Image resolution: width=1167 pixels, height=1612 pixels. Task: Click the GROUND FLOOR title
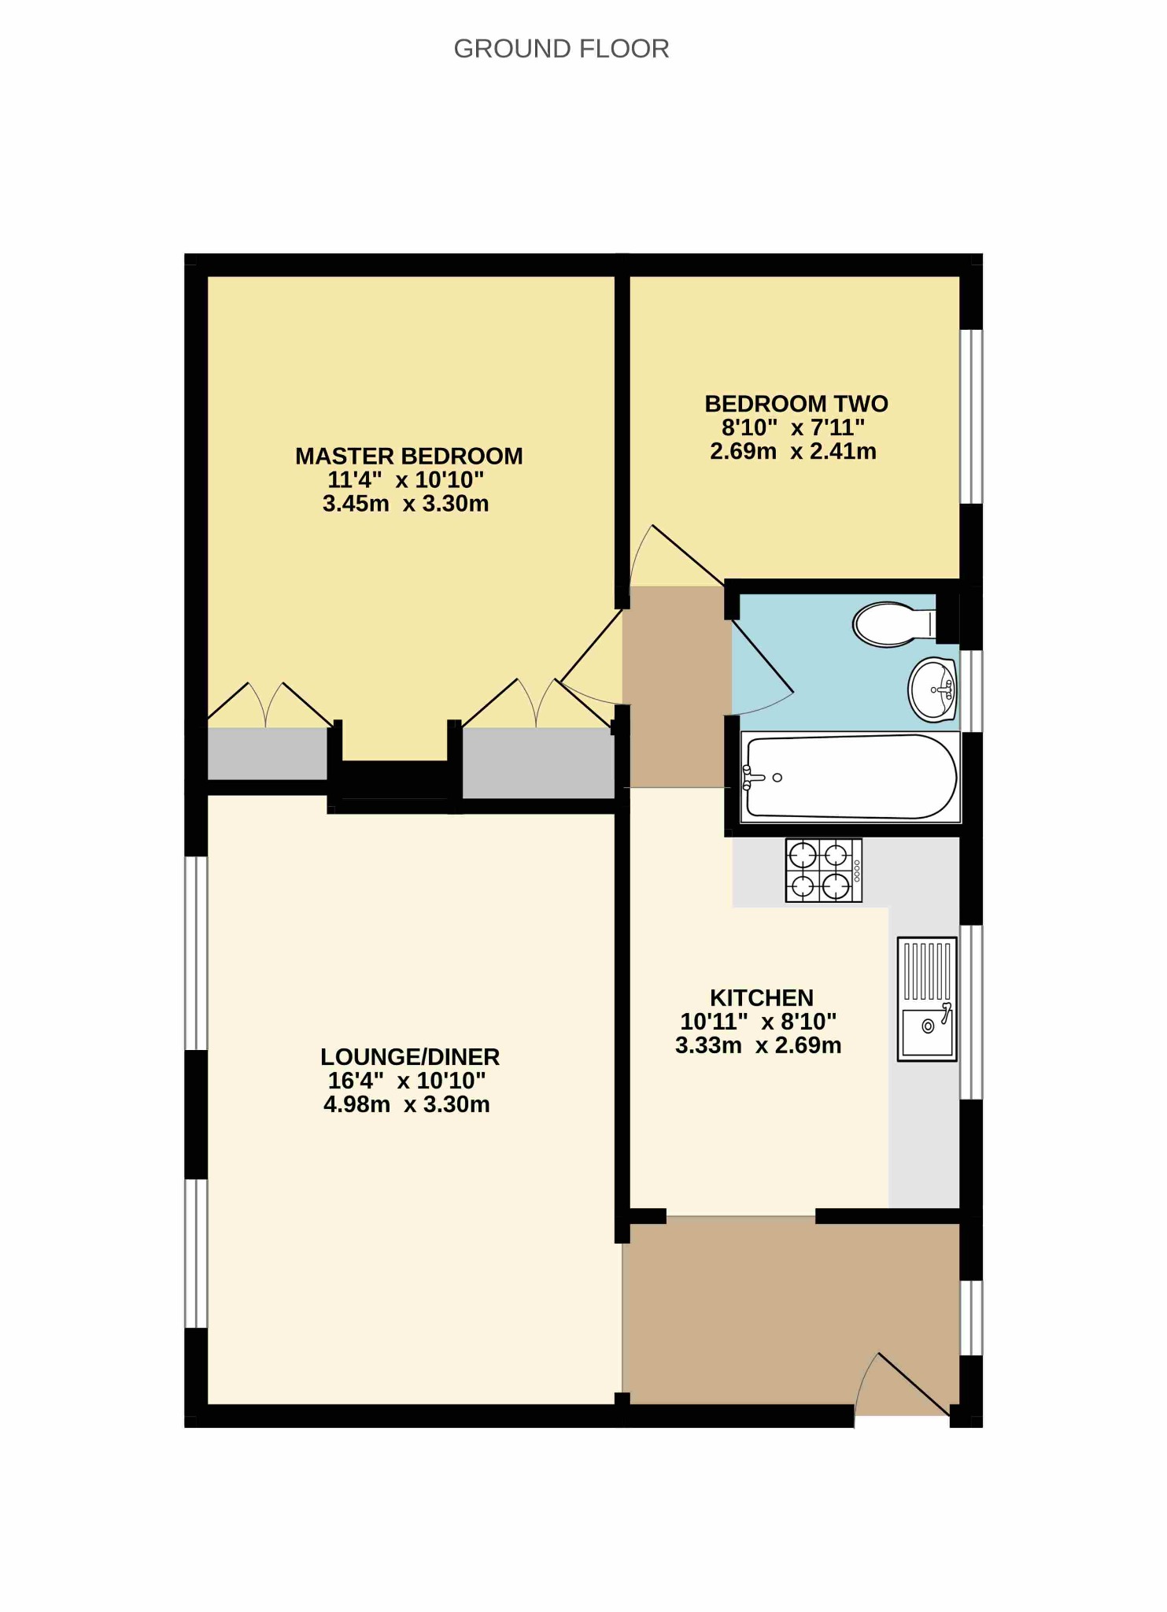coord(561,49)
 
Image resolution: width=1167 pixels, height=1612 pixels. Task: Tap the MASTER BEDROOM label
coord(409,456)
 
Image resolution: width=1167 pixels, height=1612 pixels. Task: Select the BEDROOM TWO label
coord(796,404)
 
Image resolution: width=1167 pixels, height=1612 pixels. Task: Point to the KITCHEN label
coord(762,997)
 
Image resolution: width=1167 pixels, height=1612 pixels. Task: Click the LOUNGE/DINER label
coord(410,1056)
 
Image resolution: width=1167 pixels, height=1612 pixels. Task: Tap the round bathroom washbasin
coord(932,690)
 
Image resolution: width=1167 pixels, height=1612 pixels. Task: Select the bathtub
coord(851,777)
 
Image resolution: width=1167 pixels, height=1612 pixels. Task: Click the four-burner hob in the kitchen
coord(824,870)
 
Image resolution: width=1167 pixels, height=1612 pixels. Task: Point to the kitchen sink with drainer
coord(928,999)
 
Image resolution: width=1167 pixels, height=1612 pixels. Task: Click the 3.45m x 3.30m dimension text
coord(406,504)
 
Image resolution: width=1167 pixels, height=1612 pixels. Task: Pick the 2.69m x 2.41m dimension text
coord(793,452)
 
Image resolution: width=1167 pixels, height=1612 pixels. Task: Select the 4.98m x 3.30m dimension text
coord(407,1104)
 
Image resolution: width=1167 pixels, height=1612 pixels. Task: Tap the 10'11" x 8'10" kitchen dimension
coord(759,1022)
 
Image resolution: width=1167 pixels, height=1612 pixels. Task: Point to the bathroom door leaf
coord(763,656)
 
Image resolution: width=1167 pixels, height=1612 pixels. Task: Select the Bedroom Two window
coord(972,416)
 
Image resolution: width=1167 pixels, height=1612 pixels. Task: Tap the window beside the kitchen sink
coord(972,1011)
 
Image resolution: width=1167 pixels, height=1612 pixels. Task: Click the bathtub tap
coord(753,778)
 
